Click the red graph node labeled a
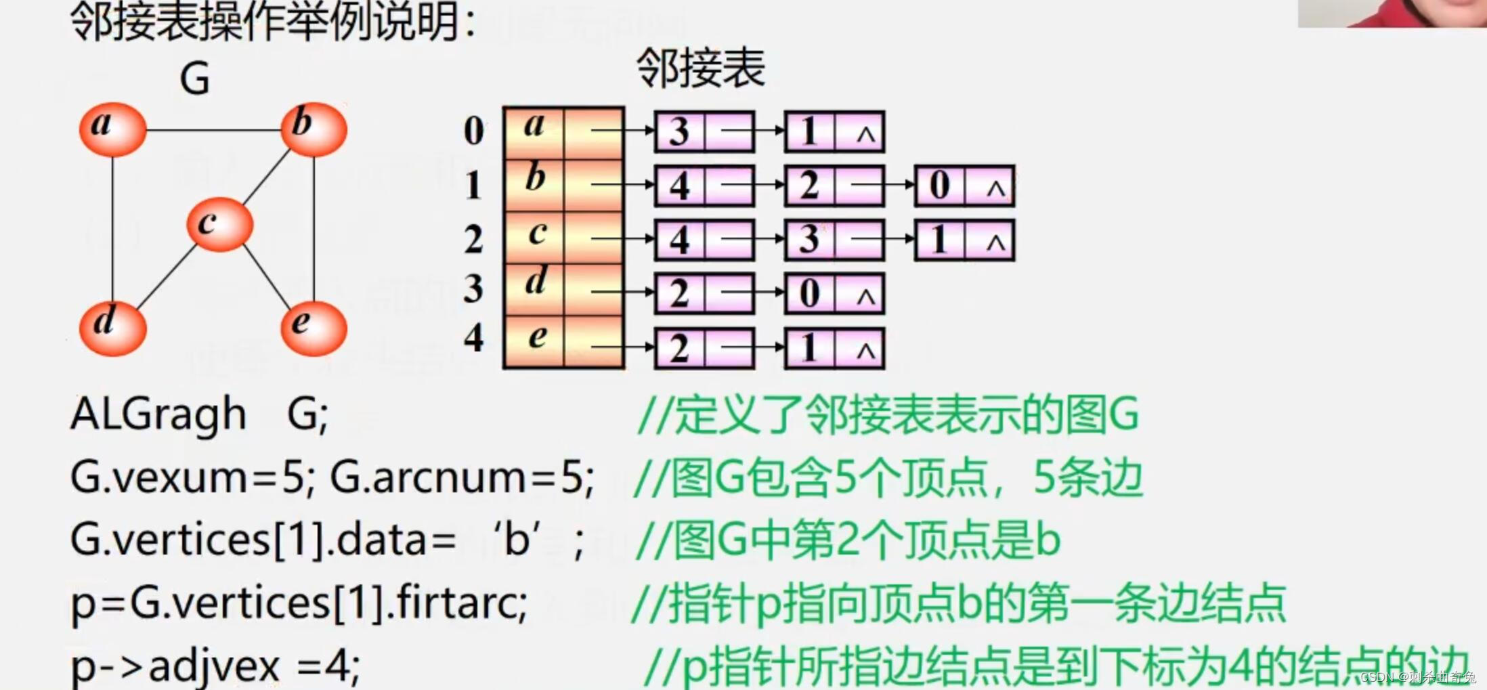(x=112, y=129)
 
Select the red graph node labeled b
(x=314, y=129)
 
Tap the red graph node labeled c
(x=219, y=225)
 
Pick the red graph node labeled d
(x=112, y=328)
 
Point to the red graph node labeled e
(x=314, y=328)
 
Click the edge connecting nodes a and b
(x=213, y=130)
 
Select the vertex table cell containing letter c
(x=535, y=237)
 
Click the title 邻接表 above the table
(x=700, y=68)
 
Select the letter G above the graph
(x=194, y=79)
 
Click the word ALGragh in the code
(x=158, y=414)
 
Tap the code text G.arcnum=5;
(x=462, y=477)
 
